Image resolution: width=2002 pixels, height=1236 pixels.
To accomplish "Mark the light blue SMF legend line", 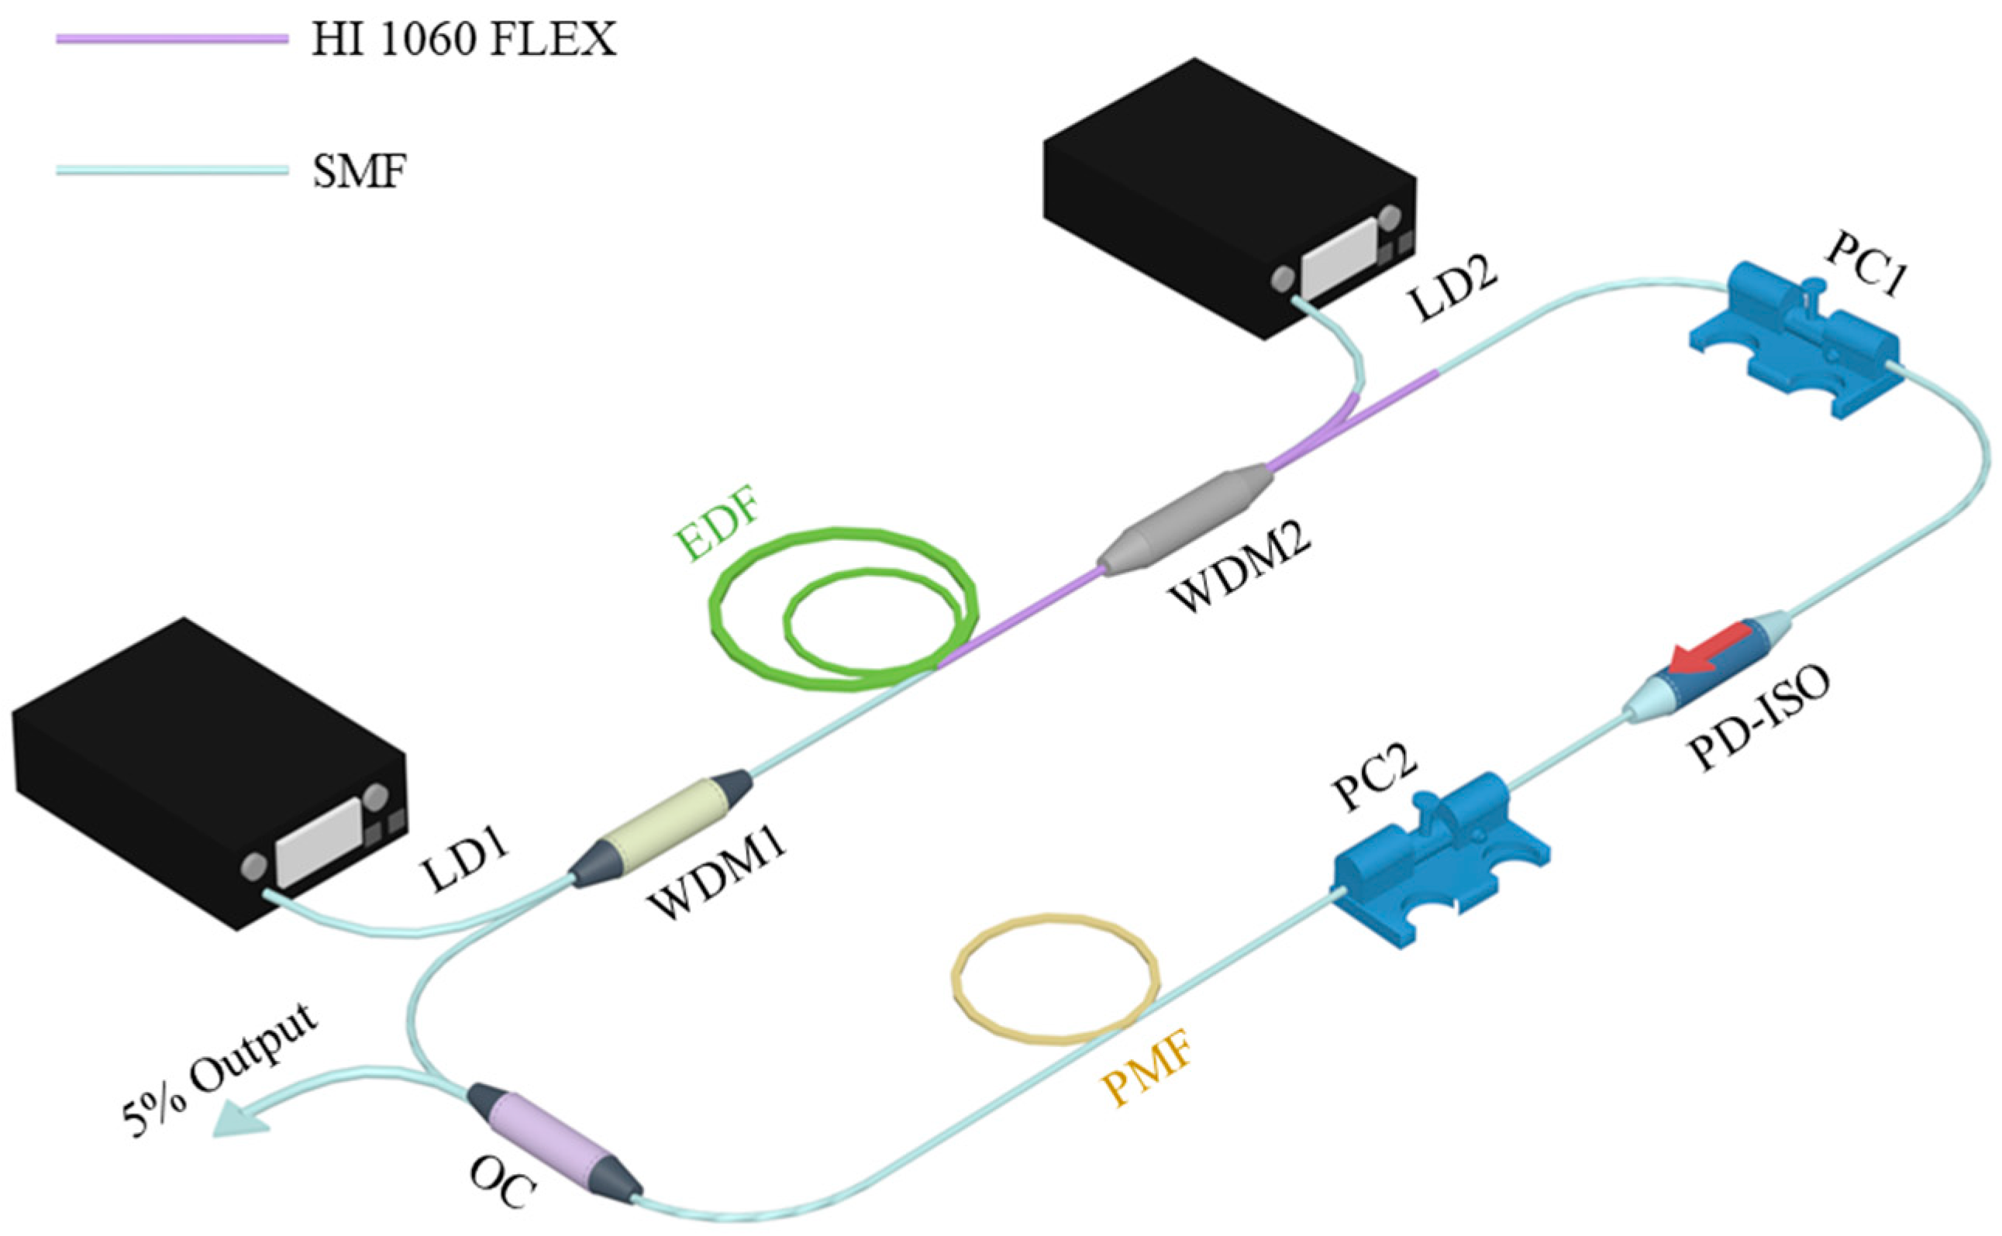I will [171, 170].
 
